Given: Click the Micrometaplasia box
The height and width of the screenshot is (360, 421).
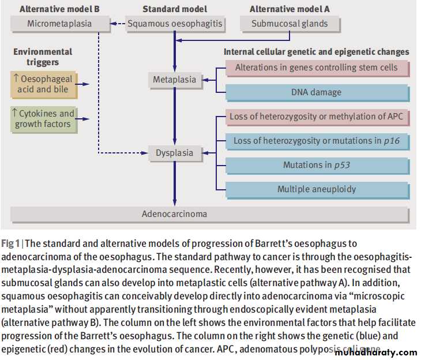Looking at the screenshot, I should click(x=59, y=24).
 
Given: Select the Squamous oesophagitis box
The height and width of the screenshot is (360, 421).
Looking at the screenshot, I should click(x=175, y=24).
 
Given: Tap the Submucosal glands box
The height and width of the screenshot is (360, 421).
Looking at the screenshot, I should click(x=290, y=24).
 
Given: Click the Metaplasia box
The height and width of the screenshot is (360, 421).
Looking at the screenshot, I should click(x=174, y=80).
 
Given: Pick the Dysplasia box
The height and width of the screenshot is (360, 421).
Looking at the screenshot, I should click(x=174, y=153).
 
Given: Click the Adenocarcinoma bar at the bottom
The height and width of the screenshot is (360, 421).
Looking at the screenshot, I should click(x=174, y=214).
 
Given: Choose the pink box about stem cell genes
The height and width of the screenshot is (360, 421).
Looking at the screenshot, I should click(x=316, y=67).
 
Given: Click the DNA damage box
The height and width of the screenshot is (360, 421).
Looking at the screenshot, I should click(x=316, y=92).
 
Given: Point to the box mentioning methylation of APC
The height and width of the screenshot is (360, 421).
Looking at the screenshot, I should click(x=316, y=117).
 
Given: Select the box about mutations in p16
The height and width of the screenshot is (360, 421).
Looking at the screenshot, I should click(x=316, y=141).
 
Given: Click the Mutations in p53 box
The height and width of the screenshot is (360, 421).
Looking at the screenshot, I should click(x=316, y=165).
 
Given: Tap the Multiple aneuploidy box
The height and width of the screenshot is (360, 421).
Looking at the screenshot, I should click(x=316, y=189).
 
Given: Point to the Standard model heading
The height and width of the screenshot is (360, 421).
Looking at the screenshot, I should click(x=174, y=9).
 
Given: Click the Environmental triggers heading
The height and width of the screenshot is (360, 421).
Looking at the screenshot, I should click(x=43, y=57).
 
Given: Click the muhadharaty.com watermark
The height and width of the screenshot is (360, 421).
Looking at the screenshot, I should click(x=375, y=352).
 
